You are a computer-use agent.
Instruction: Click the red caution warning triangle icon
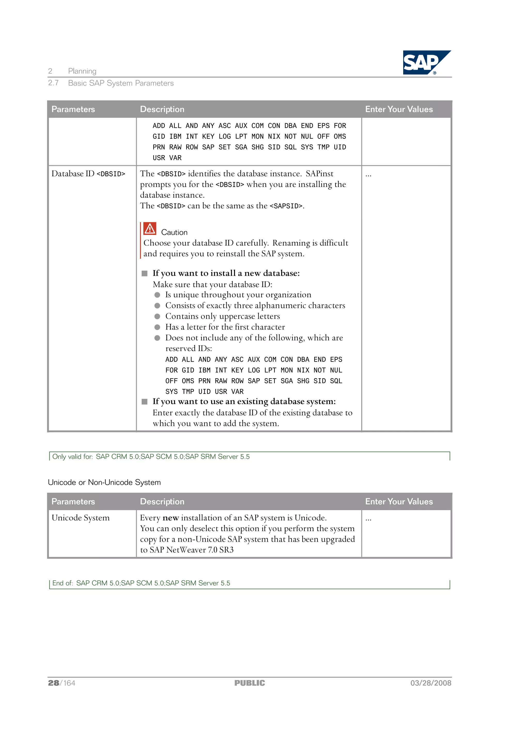tap(150, 229)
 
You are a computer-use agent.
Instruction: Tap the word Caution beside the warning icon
tap(174, 232)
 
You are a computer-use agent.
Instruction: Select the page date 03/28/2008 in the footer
tap(431, 683)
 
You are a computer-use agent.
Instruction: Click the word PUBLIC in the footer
tap(250, 683)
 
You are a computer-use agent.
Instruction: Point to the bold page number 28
tap(53, 683)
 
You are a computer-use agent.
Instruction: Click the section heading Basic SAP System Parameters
tap(121, 83)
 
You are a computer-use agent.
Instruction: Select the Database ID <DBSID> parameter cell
tap(88, 174)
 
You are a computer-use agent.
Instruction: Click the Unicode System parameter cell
tap(81, 518)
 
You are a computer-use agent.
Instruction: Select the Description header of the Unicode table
tap(162, 501)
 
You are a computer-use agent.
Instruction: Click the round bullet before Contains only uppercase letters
tap(157, 316)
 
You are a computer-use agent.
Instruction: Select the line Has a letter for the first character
tap(225, 327)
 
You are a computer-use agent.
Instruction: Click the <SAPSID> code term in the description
tap(286, 206)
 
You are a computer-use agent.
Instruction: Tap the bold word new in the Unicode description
tap(170, 518)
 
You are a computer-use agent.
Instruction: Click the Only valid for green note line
tap(151, 456)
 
